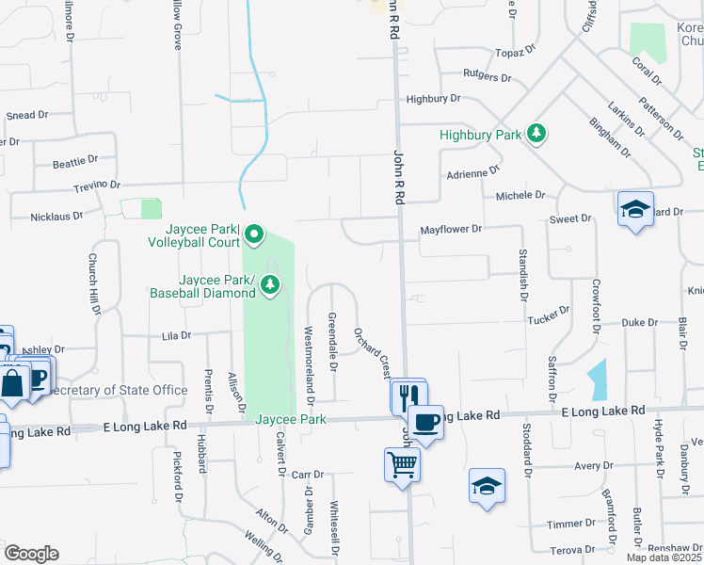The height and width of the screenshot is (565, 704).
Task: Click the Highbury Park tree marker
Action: [536, 134]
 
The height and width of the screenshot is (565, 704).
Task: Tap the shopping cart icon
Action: [402, 463]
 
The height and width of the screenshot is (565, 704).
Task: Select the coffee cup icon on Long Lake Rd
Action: [425, 422]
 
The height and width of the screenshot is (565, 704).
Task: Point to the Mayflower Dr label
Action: [451, 229]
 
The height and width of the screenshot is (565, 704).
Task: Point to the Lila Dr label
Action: [176, 335]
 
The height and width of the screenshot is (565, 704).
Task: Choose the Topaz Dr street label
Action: [517, 47]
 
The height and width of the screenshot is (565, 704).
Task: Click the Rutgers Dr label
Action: [487, 77]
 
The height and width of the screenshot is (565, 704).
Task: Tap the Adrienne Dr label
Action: [473, 172]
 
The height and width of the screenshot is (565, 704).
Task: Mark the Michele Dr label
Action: [520, 195]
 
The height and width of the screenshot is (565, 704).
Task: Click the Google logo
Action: [30, 554]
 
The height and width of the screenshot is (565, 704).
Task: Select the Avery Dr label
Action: [594, 465]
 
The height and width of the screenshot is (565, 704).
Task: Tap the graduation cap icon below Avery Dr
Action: [487, 486]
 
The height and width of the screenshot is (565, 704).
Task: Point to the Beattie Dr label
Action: [75, 163]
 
